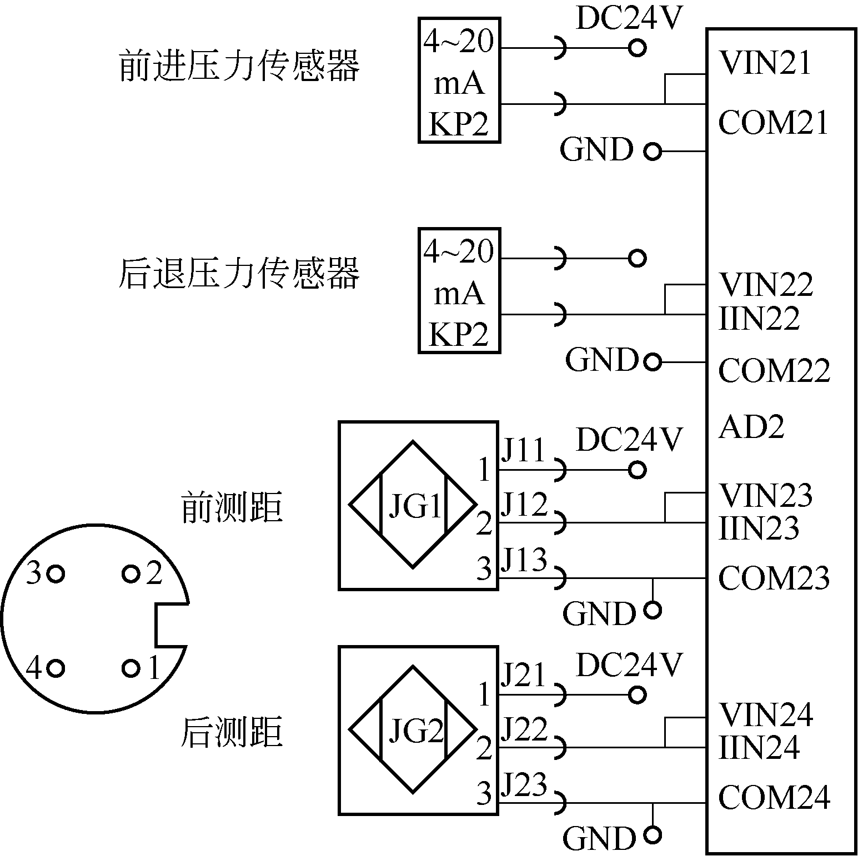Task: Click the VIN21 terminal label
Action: (765, 63)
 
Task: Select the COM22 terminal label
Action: (774, 370)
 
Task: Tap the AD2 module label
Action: (751, 427)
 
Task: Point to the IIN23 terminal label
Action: (759, 528)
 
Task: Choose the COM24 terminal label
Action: (774, 798)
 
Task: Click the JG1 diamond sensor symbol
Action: (413, 505)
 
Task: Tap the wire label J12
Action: (524, 505)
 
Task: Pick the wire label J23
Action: (524, 784)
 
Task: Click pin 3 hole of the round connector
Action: (56, 573)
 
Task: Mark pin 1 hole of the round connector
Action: (131, 668)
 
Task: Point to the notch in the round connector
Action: (171, 625)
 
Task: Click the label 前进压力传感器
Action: (239, 67)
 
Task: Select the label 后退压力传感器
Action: (239, 273)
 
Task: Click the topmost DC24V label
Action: (628, 18)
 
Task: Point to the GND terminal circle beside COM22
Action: (653, 362)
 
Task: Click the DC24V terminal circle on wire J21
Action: (638, 694)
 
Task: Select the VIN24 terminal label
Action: (766, 714)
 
